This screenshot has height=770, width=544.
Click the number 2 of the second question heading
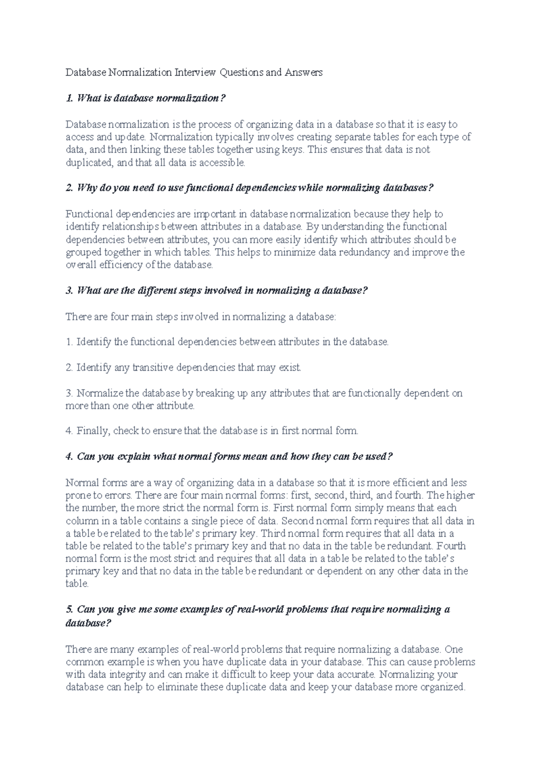(69, 188)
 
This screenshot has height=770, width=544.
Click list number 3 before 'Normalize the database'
(69, 393)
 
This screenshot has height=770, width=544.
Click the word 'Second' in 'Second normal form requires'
(297, 521)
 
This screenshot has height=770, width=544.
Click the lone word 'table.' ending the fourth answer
(77, 584)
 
